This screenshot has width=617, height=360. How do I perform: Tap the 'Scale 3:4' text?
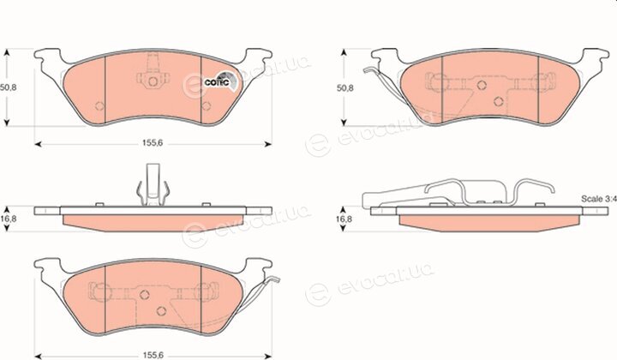click(x=599, y=199)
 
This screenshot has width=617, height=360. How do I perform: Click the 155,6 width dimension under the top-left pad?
click(x=153, y=144)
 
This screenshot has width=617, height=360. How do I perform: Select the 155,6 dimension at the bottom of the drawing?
click(x=153, y=355)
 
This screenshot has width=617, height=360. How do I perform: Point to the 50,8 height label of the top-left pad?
click(x=9, y=87)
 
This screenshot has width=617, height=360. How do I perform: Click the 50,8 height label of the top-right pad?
click(x=345, y=87)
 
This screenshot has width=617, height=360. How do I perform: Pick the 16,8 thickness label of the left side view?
click(x=9, y=219)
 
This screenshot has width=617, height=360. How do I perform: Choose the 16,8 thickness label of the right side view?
click(x=345, y=219)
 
